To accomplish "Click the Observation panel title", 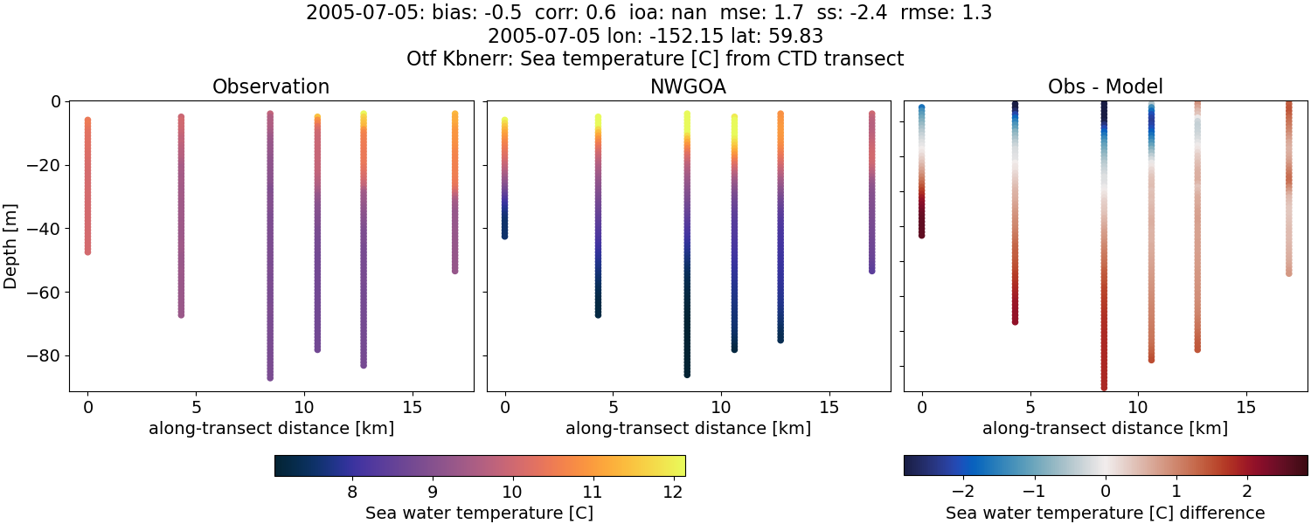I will click(x=271, y=87).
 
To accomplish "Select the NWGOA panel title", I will click(x=688, y=87).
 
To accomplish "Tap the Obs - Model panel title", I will click(x=1105, y=87).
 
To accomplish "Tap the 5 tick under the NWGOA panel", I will click(x=614, y=408).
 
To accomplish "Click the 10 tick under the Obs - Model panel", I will click(x=1138, y=408).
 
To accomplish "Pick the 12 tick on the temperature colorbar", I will click(x=672, y=492).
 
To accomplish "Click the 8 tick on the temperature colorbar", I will click(x=352, y=492).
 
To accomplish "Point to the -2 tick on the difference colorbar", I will click(x=963, y=492).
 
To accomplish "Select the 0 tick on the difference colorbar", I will click(x=1106, y=492).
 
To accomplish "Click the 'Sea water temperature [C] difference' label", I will click(x=1105, y=513).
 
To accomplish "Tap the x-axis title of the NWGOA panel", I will click(x=688, y=429).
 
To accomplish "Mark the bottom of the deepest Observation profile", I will click(x=270, y=377).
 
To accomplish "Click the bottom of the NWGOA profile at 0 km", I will click(x=504, y=235).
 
